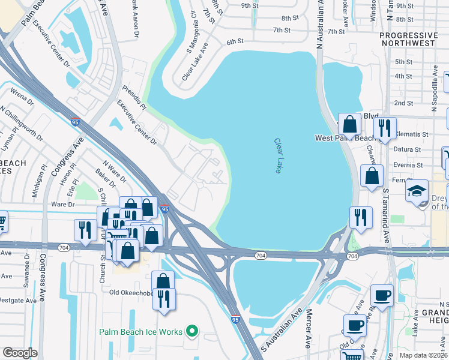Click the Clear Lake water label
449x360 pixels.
278,156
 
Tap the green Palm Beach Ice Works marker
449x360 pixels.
192,331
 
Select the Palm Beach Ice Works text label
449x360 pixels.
141,332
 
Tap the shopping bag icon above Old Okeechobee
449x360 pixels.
163,280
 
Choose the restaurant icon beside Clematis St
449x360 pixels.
382,127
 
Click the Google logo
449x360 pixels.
20,352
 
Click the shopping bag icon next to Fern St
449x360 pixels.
372,176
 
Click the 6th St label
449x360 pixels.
235,42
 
